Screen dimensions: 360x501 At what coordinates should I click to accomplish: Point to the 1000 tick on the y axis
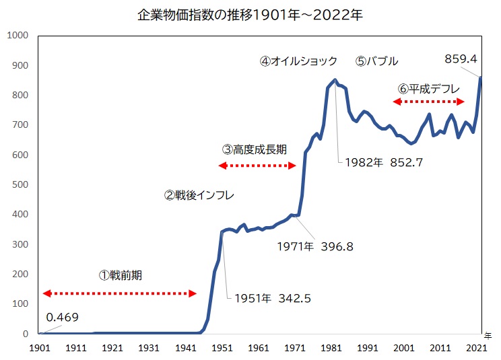click(19, 35)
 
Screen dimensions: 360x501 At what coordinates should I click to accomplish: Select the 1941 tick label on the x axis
click(186, 348)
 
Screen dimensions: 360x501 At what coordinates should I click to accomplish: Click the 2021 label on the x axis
click(477, 348)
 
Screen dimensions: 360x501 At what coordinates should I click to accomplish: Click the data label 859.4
click(461, 59)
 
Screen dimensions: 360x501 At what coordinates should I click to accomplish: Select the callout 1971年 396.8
click(315, 246)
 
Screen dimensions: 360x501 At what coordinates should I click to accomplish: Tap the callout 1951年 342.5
click(273, 298)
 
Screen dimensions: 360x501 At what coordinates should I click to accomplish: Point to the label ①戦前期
click(121, 275)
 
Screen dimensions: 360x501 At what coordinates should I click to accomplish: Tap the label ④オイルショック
click(298, 61)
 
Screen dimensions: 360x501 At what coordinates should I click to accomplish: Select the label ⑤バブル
click(377, 61)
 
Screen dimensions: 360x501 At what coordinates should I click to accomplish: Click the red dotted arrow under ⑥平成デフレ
click(429, 102)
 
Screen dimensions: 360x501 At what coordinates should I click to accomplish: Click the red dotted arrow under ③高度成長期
click(257, 165)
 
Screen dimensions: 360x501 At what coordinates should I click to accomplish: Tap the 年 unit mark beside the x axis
click(488, 334)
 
